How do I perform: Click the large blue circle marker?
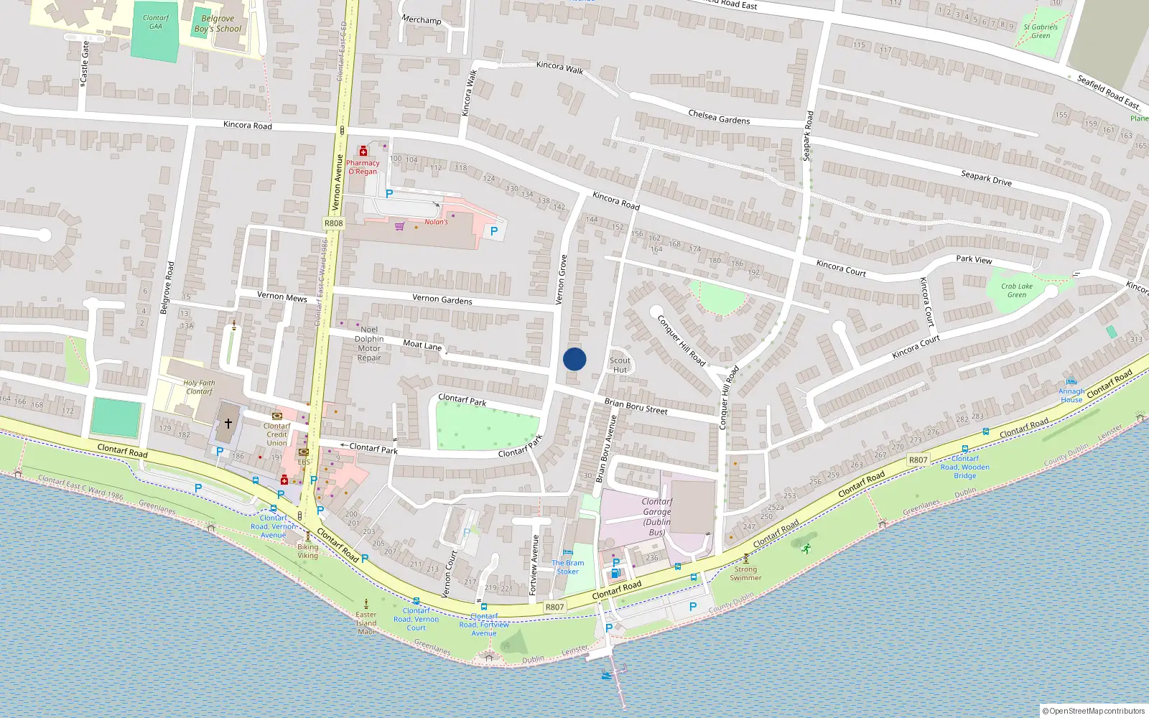tap(574, 359)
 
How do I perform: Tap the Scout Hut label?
tap(620, 365)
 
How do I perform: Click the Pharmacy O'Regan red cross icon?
tap(363, 151)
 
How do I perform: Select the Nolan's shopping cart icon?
tap(399, 226)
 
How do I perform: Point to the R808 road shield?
tap(333, 223)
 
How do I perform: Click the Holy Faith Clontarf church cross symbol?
tap(228, 424)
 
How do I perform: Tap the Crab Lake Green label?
tap(1017, 290)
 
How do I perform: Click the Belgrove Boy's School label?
tap(218, 24)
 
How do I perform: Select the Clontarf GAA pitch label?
tap(156, 22)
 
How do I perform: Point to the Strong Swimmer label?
tap(745, 574)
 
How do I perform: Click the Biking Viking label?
tap(307, 551)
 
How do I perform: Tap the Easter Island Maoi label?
tap(366, 623)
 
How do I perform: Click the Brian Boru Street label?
tap(636, 406)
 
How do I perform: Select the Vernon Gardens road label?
tap(442, 299)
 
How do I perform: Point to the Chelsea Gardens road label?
tap(719, 117)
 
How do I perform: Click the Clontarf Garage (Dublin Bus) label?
tap(656, 517)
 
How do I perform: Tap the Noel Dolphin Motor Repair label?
tap(369, 344)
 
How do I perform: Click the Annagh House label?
tap(1071, 396)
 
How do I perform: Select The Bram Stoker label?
tap(567, 567)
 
